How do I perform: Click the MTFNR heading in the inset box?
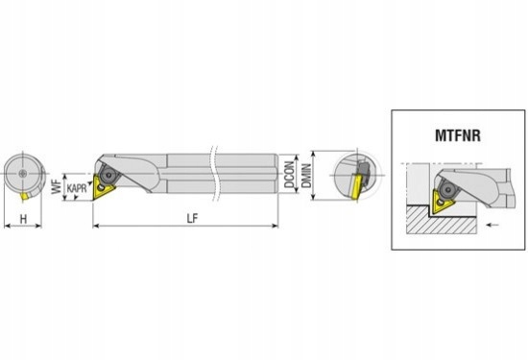[x=458, y=135]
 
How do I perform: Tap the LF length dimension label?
[x=192, y=219]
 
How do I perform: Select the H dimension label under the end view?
[x=23, y=219]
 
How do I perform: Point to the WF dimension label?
[x=57, y=186]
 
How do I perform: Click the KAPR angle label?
[x=77, y=188]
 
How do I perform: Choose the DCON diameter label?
[x=289, y=174]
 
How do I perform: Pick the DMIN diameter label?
[x=306, y=176]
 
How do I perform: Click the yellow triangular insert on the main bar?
[x=103, y=187]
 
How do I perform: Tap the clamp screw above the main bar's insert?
[x=108, y=175]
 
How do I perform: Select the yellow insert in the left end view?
[x=25, y=196]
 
